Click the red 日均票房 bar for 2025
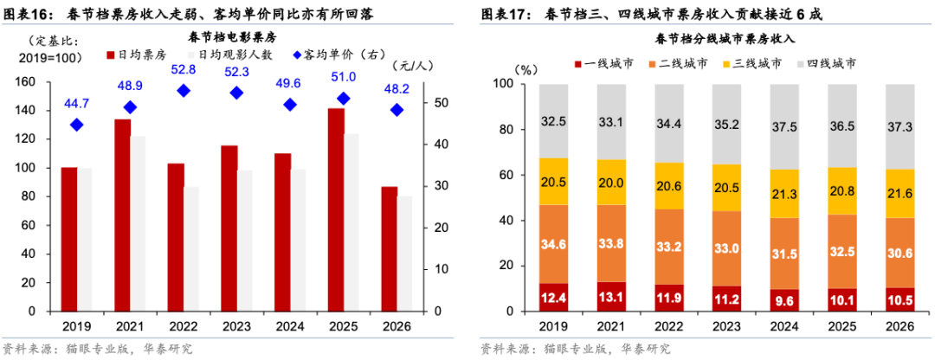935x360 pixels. point(336,209)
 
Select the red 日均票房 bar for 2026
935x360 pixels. point(389,248)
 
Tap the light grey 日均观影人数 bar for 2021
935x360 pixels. point(138,223)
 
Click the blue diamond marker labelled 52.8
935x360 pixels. point(183,91)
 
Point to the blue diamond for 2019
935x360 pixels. point(76,125)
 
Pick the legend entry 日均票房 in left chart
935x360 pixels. point(138,54)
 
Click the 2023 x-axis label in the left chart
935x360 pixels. point(235,327)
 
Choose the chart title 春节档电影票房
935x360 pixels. point(231,37)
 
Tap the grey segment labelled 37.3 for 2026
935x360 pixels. point(900,126)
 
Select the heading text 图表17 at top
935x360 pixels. point(506,14)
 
